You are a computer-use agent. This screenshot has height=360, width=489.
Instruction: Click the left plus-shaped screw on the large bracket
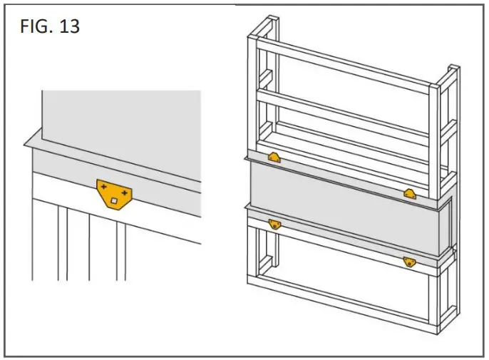point(105,187)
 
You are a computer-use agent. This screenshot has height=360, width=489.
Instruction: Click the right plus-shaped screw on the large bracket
point(125,192)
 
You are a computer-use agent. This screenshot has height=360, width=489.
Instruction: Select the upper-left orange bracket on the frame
point(274,158)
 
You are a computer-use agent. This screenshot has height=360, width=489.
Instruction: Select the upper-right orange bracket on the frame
point(410,193)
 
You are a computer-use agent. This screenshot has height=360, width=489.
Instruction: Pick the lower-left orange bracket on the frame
point(274,224)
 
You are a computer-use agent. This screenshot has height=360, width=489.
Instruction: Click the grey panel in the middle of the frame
point(342,207)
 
